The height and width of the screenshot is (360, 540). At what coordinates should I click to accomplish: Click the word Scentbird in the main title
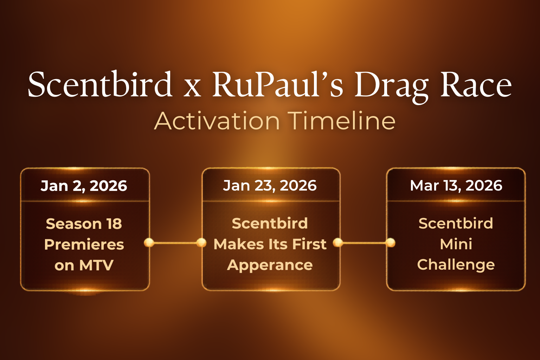[100, 84]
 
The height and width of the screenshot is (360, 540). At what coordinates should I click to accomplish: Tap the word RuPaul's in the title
[277, 84]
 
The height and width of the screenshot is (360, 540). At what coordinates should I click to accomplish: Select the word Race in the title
[476, 84]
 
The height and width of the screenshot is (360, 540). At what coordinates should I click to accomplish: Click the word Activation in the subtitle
[217, 121]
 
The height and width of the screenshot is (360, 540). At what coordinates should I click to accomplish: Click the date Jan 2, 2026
[84, 186]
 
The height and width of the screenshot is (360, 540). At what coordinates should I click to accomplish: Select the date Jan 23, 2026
[270, 186]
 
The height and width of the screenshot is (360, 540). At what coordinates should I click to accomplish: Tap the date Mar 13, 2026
[456, 186]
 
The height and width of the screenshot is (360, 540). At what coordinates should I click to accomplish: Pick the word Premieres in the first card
[84, 245]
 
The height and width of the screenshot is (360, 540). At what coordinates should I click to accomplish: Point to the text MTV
[96, 265]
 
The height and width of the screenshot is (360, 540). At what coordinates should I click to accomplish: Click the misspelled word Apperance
[270, 265]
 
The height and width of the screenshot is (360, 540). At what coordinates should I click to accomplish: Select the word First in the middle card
[309, 244]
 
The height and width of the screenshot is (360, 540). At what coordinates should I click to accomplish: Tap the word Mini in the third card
[456, 244]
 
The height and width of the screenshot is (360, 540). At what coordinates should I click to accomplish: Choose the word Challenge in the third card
[456, 265]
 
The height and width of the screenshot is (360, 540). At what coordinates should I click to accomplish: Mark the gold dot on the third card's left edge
[391, 243]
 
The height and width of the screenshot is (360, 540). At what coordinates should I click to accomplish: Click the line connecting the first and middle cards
[175, 243]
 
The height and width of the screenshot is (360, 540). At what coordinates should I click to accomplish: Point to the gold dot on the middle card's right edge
[338, 243]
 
